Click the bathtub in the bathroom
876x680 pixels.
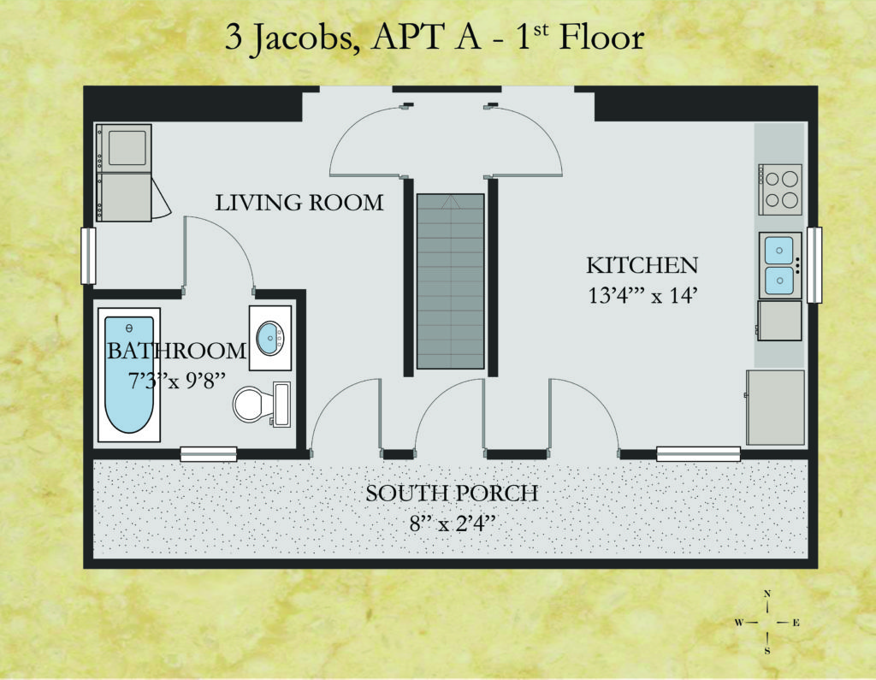tap(129, 375)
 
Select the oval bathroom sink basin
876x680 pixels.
tap(269, 338)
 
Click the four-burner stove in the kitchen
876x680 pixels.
tap(780, 189)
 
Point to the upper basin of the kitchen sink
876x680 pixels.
tap(778, 249)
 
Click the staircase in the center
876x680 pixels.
tap(450, 281)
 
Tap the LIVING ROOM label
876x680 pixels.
tap(299, 202)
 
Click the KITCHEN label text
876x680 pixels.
tap(642, 265)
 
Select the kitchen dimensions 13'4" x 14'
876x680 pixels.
tap(642, 295)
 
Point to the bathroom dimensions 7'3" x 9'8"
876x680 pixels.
tap(177, 381)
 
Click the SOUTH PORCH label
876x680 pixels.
tap(452, 494)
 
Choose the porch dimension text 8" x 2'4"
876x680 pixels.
tap(453, 523)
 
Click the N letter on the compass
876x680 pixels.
tap(767, 594)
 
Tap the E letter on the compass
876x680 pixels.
tap(796, 623)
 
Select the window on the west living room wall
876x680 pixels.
tap(88, 256)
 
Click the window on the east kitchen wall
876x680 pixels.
tap(814, 265)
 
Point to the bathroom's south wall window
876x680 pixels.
tap(209, 453)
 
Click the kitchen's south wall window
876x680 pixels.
tap(698, 453)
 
